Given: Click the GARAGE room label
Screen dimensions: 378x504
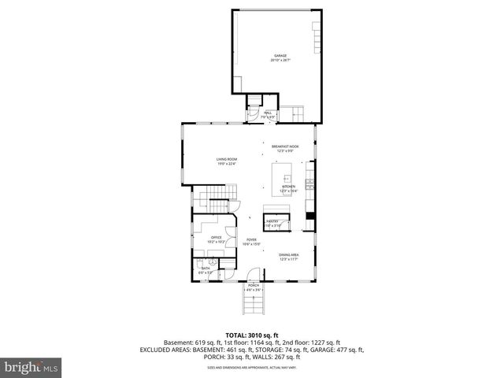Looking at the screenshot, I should (280, 56).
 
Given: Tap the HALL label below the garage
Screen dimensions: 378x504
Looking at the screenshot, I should (269, 113).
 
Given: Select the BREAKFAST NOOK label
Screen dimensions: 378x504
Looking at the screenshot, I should (284, 146).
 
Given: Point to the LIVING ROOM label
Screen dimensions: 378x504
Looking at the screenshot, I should (227, 160).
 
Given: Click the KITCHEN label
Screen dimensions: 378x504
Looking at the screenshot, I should (287, 187).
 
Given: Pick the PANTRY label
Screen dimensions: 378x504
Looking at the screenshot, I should (272, 221).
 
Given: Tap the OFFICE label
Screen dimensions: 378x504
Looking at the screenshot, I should (216, 237).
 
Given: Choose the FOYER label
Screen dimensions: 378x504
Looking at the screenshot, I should (250, 240).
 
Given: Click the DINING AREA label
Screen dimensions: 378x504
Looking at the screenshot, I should (288, 254).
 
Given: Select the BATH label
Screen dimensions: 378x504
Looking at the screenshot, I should (205, 269).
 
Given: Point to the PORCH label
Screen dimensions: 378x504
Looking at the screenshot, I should (254, 286).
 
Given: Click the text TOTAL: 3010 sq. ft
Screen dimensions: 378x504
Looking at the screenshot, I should (251, 335).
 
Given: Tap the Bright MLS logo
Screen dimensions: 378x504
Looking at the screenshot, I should (31, 367).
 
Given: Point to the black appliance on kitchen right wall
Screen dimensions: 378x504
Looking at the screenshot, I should (310, 215).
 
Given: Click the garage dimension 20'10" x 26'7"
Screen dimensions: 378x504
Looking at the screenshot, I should (280, 61).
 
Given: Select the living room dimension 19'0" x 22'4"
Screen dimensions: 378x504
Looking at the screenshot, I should (227, 165).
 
